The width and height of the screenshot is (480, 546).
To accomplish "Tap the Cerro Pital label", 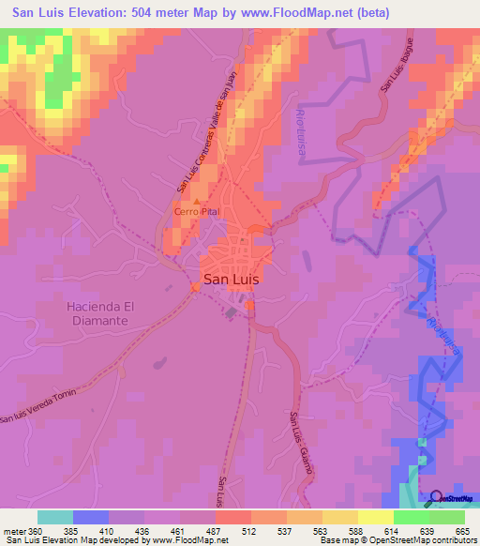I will coord(196,213).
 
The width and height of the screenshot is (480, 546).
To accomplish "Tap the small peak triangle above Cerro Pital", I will coord(196,202).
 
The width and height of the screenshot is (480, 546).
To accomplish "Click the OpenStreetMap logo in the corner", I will coord(452,498).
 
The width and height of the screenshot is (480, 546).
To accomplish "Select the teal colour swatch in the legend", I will coord(55,517).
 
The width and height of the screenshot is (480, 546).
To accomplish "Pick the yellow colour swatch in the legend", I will coord(376,517).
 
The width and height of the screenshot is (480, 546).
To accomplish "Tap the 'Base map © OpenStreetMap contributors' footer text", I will coord(395,540).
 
